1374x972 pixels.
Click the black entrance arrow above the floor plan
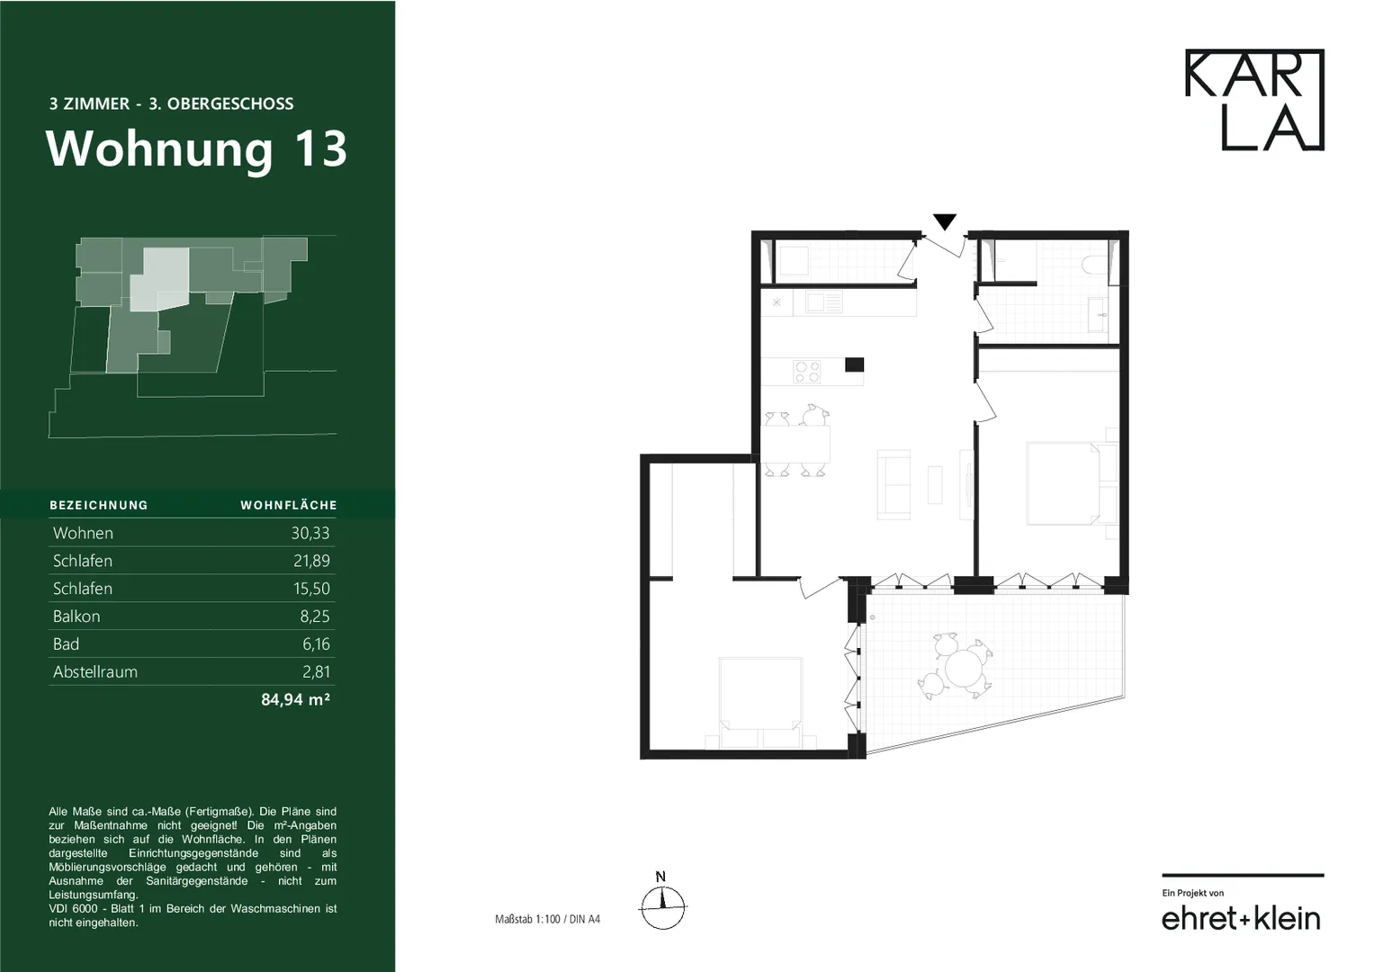tap(945, 220)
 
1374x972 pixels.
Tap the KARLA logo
tap(1254, 100)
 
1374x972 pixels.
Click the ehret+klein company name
tap(1241, 919)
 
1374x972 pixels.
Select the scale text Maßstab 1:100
tap(527, 919)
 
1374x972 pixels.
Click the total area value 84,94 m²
tap(296, 699)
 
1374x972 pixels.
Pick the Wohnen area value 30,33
tap(310, 533)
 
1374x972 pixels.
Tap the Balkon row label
tap(76, 616)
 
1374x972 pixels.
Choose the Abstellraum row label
tap(95, 672)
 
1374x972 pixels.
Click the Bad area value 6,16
tap(316, 643)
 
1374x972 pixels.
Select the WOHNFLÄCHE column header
tap(289, 505)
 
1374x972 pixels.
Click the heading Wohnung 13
tap(196, 149)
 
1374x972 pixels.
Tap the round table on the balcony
tap(964, 668)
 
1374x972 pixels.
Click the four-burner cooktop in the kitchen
tap(806, 372)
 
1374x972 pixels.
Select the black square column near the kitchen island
tap(855, 364)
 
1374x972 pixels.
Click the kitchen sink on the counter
tap(824, 302)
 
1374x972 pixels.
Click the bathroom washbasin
tap(1097, 315)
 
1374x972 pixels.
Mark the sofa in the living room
tap(894, 485)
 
